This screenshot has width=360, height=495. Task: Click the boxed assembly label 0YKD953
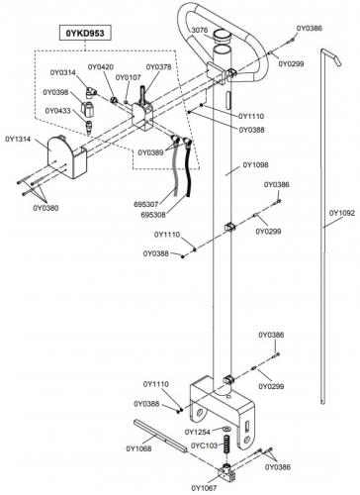85,33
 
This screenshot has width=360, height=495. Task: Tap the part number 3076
200,30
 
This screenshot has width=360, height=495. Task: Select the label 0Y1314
18,139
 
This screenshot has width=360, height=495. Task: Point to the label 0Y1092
342,213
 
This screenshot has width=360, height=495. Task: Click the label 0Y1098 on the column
255,164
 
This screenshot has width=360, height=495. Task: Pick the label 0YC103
205,445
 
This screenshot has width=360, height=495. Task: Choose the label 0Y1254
198,432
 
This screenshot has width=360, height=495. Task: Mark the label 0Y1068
138,448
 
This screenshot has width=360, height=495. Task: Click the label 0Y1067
204,488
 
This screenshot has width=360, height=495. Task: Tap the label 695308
153,215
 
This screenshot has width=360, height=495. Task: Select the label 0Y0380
45,208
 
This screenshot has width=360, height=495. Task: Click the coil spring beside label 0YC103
226,445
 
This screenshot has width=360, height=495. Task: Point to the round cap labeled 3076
222,36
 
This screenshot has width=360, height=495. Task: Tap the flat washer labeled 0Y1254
226,429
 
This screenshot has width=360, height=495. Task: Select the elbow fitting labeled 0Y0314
91,92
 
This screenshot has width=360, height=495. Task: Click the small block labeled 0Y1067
226,472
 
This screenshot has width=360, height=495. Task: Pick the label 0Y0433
57,111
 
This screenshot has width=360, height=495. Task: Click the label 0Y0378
158,67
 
